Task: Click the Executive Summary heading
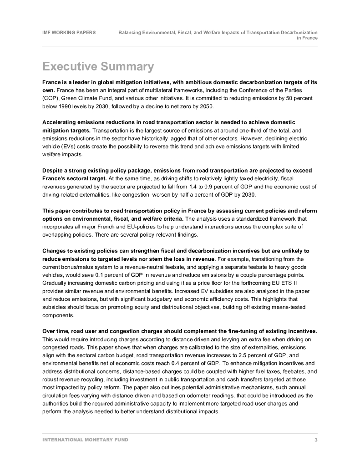coord(98,67)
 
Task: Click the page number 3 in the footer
coord(316,440)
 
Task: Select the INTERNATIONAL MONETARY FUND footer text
coord(85,440)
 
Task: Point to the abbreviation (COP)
coord(51,98)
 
